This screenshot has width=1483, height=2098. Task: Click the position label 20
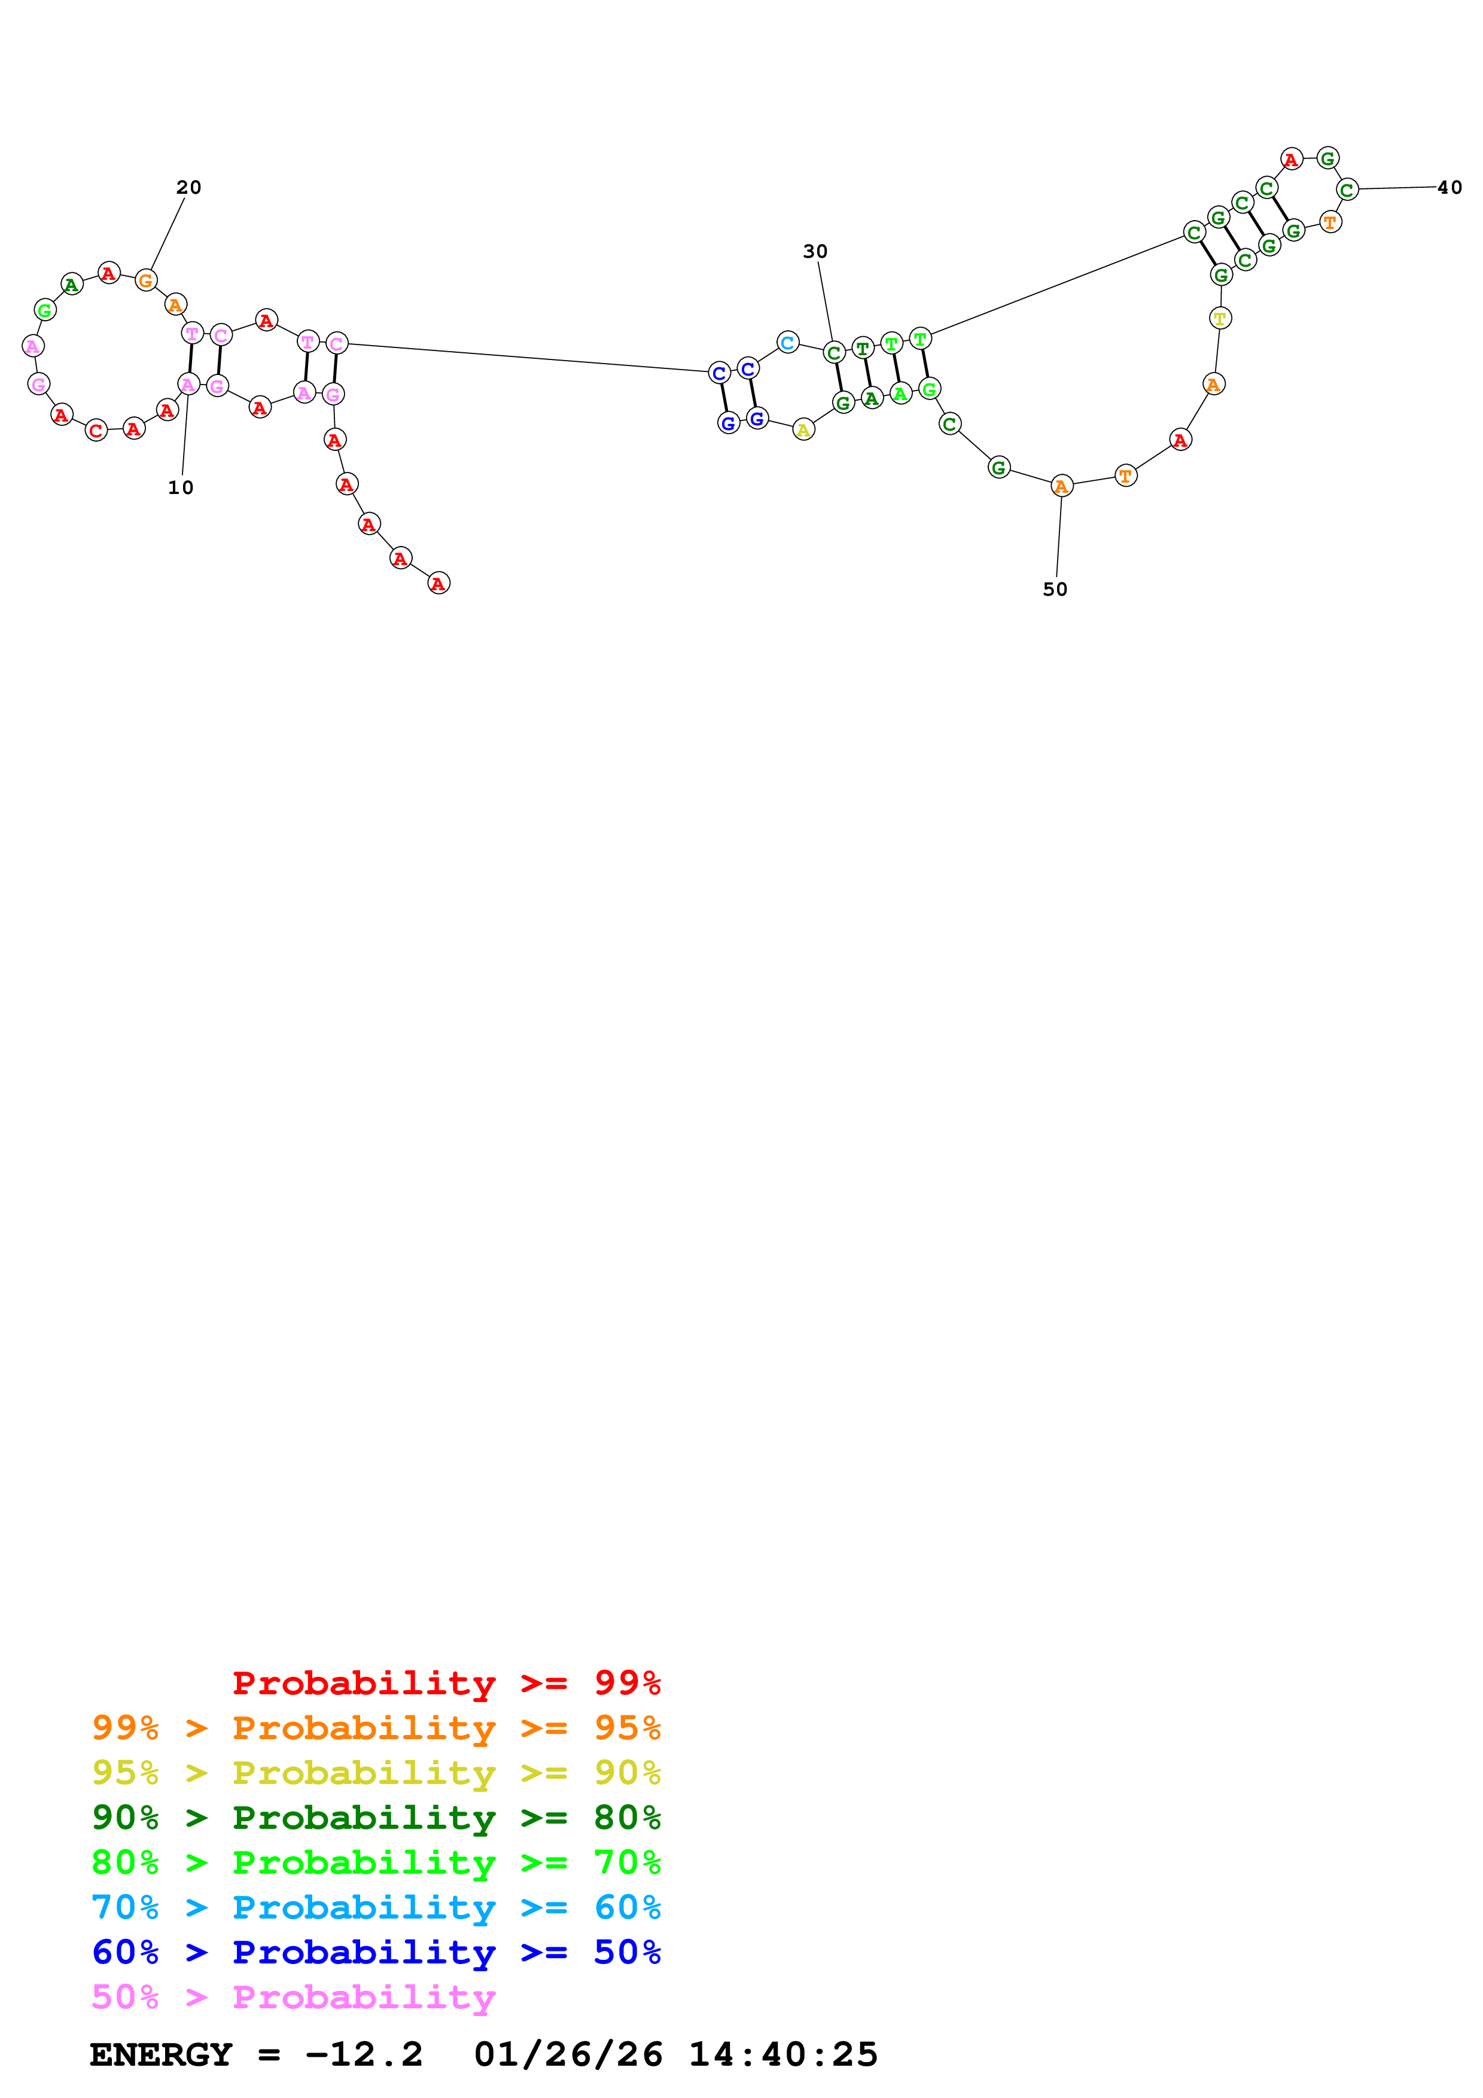188,187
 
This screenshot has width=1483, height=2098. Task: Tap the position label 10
181,488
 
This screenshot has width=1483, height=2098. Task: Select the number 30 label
815,251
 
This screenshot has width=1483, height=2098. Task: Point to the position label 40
1449,187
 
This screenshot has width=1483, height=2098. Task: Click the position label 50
1055,589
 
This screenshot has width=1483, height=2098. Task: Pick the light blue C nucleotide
788,343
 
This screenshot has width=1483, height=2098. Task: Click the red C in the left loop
96,431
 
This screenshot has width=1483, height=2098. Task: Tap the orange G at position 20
145,280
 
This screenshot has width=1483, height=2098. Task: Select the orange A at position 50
1061,486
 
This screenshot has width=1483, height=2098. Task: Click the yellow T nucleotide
1220,318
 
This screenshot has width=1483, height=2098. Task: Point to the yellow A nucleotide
803,429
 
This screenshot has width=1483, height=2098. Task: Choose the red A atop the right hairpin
1290,160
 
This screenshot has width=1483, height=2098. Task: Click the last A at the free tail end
438,583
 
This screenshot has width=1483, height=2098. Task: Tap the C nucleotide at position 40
1347,189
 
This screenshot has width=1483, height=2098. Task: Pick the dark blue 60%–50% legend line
376,1952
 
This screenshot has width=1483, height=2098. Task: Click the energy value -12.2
364,2054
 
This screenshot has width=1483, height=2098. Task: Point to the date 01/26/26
568,2054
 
